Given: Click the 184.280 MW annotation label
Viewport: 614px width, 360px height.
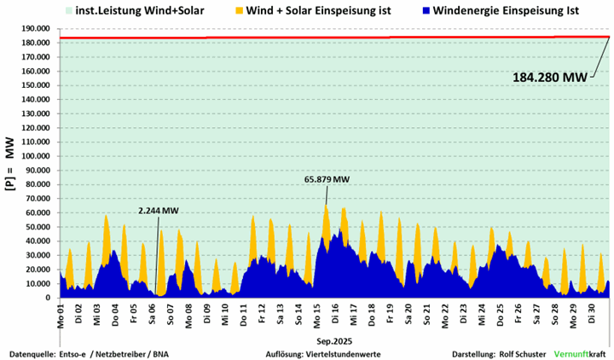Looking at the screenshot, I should click(x=550, y=77).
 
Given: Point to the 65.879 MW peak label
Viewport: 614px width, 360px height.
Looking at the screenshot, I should click(x=327, y=179).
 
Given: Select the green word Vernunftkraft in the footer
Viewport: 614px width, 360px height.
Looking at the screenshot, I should click(x=580, y=353).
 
